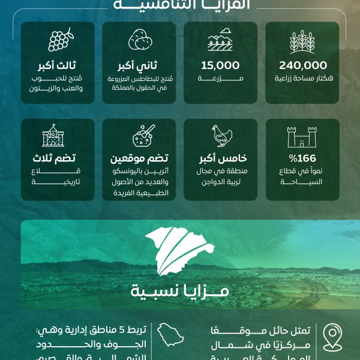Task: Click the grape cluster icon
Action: [x=59, y=40]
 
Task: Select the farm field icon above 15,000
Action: [x=220, y=41]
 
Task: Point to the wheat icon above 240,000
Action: [x=302, y=41]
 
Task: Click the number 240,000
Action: [x=303, y=65]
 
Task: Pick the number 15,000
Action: [x=220, y=65]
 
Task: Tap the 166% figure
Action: [x=302, y=160]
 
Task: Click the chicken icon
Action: [x=221, y=136]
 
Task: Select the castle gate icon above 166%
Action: [x=302, y=137]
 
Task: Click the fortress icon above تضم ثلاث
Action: [x=53, y=136]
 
